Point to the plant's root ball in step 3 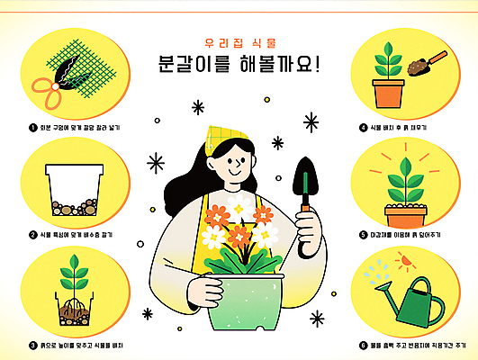74,309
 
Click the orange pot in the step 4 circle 388,93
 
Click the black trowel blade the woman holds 305,171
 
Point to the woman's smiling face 236,162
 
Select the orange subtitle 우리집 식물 239,42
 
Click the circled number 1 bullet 32,128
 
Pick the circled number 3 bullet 32,343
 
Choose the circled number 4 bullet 363,128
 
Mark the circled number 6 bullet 363,343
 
